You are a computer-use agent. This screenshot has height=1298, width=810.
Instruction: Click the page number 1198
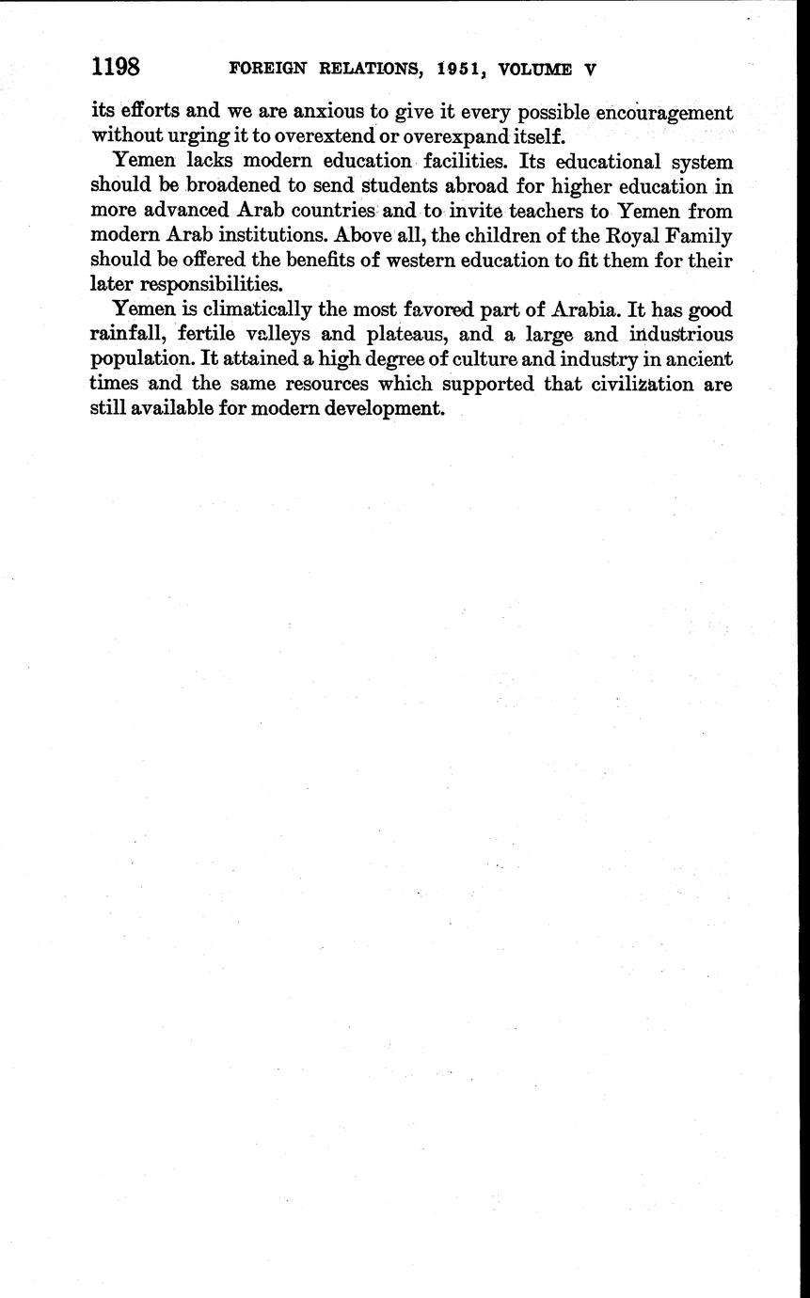click(x=116, y=68)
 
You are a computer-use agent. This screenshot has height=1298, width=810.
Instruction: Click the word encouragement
click(x=657, y=112)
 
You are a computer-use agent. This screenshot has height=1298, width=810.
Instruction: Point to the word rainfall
click(x=128, y=334)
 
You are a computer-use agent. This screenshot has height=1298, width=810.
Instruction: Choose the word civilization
click(x=641, y=384)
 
